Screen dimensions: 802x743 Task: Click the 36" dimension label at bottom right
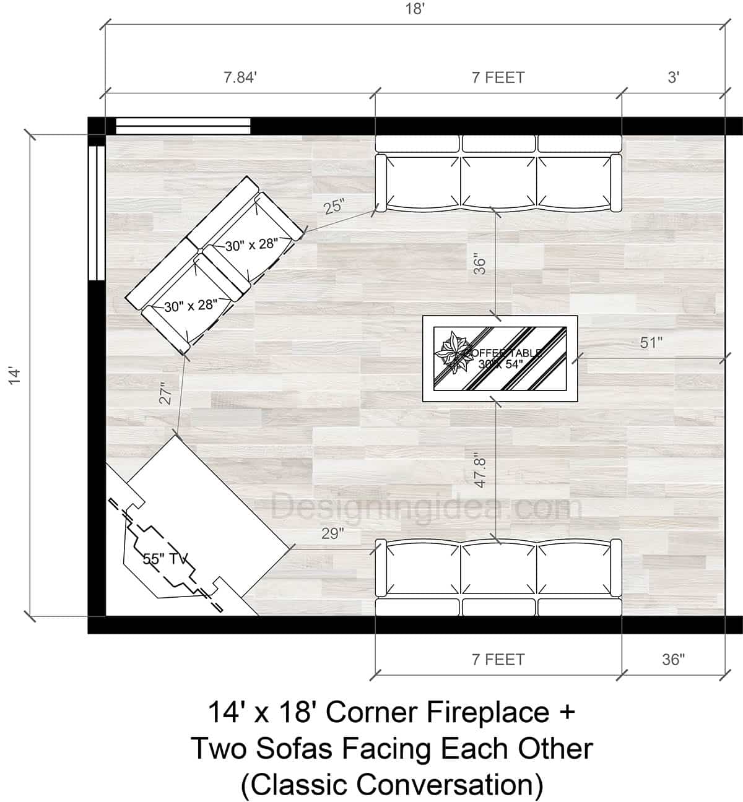coord(672,660)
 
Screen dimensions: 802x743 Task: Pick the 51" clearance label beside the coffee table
coord(651,342)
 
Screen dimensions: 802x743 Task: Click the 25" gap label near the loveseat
coord(334,206)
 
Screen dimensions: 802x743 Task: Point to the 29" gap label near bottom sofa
coord(332,533)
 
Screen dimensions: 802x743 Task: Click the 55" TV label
coord(165,559)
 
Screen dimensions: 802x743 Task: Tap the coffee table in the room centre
coord(500,359)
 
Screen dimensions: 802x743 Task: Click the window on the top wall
coord(183,126)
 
